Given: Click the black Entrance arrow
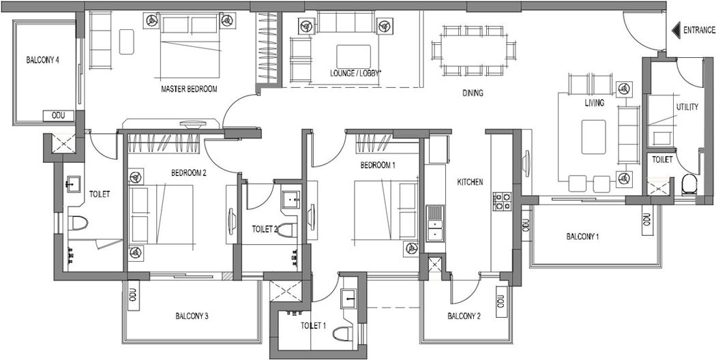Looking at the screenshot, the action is tap(676, 31).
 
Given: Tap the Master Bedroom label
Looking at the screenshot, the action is tap(189, 89).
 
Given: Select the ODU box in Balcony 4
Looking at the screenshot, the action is tap(59, 116).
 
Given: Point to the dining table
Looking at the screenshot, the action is tap(473, 50).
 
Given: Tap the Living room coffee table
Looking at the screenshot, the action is tap(594, 137).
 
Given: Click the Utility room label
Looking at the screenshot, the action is tap(687, 107).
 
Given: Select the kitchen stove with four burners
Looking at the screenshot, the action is tap(502, 201).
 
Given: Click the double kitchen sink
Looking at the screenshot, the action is tap(435, 224).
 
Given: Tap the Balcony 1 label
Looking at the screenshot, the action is tap(582, 237).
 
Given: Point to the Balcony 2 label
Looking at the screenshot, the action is tap(464, 316).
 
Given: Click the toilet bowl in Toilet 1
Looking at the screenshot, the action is tap(342, 333).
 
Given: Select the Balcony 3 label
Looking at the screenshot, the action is tap(192, 316).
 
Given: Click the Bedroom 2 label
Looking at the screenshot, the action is tap(189, 172).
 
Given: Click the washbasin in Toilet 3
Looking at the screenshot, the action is tap(291, 200).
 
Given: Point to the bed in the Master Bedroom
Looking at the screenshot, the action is tap(190, 46).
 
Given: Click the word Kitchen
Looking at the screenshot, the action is tap(470, 182).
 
